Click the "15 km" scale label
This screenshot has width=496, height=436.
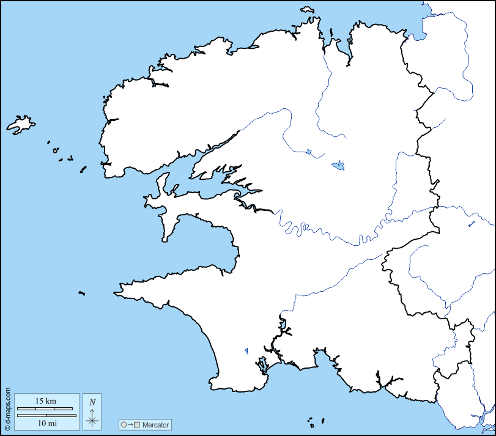point(46,401)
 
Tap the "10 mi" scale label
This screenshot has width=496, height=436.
point(46,423)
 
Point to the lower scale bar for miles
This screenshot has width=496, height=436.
point(46,415)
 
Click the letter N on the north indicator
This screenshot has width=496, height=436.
point(92,402)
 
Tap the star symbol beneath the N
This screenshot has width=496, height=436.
point(92,419)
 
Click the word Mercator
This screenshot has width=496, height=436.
point(155,424)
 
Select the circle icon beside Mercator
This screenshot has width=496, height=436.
point(124,424)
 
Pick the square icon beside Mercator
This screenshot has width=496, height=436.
point(138,424)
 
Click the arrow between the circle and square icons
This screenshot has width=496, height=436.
point(131,424)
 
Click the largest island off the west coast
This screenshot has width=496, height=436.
point(20,124)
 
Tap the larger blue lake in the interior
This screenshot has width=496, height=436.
point(338,165)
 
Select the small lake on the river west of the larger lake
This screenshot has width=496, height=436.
point(309,151)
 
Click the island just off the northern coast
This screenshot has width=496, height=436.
point(307,10)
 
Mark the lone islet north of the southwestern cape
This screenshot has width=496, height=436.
point(81,294)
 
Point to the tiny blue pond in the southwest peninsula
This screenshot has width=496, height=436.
point(246,351)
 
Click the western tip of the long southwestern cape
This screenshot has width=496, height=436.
point(116,293)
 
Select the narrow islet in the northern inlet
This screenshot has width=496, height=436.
point(330,34)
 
